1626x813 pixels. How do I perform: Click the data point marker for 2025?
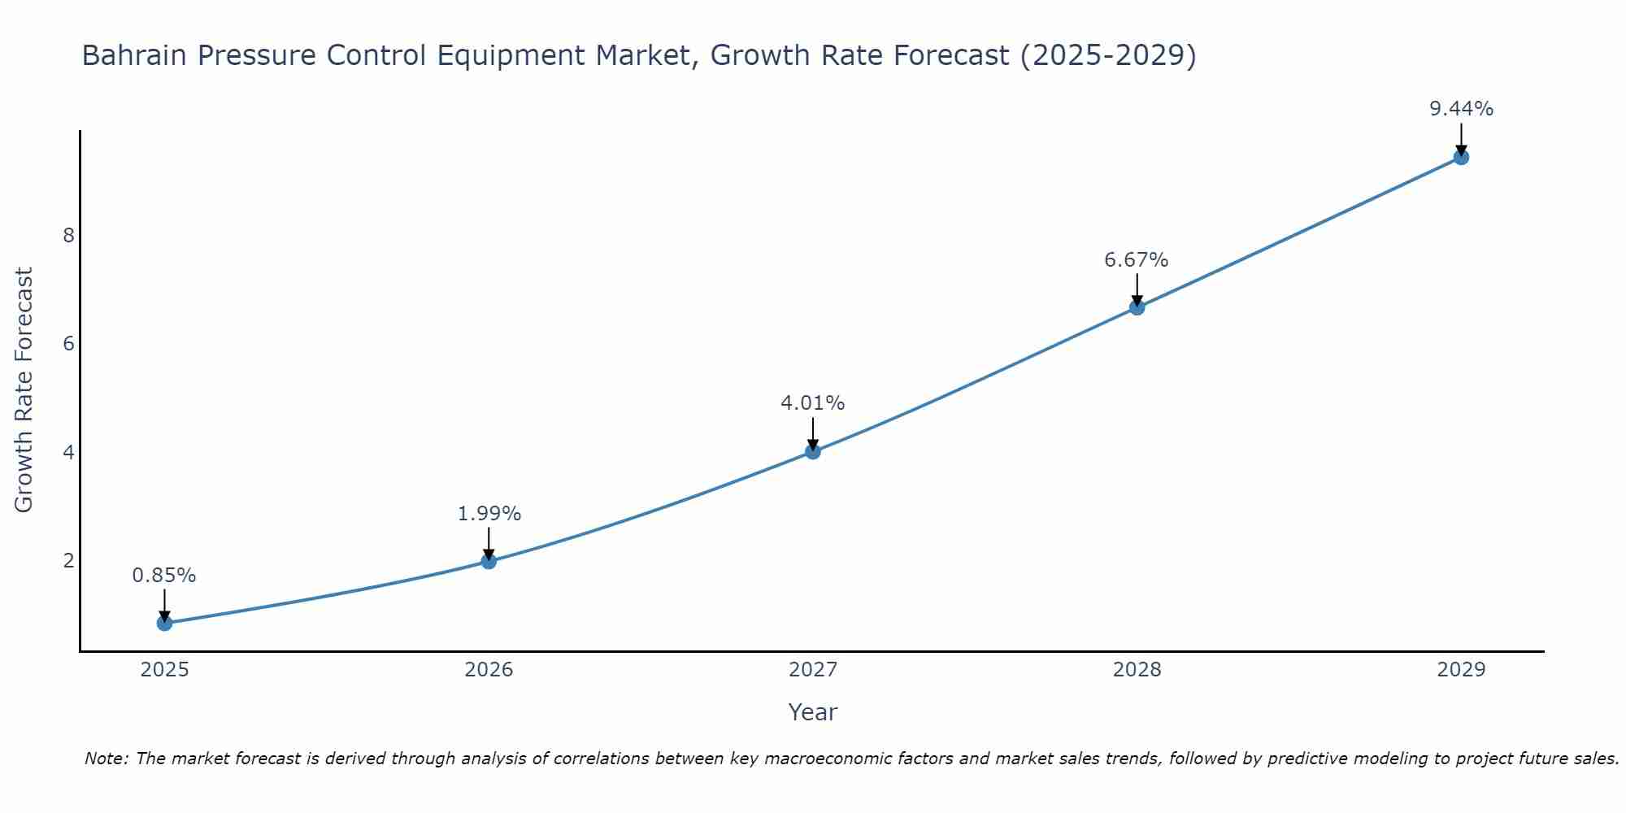tap(164, 624)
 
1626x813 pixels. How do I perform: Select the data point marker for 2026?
tap(489, 561)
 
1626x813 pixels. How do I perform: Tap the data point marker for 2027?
tap(812, 451)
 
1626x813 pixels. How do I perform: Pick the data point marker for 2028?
tap(1137, 307)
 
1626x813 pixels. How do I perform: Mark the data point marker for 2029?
tap(1461, 157)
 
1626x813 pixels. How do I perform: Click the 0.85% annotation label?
tap(164, 576)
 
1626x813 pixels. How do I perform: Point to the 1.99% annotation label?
tap(489, 514)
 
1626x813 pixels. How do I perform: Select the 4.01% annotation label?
tap(812, 403)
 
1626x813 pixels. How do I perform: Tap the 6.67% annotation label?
tap(1137, 260)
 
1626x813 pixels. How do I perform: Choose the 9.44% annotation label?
tap(1461, 109)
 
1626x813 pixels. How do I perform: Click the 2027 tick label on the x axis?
tap(812, 670)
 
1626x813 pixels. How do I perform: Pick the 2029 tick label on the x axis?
tap(1461, 670)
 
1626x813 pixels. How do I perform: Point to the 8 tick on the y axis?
tap(68, 236)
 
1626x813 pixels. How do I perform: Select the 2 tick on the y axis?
tap(68, 561)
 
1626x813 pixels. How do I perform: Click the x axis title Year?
tap(812, 712)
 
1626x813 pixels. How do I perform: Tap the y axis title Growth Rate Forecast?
tap(24, 390)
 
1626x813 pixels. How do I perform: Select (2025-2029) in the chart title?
tap(1107, 56)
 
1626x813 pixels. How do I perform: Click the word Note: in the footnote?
tap(107, 759)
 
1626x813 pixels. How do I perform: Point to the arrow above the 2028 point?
tap(1137, 288)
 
